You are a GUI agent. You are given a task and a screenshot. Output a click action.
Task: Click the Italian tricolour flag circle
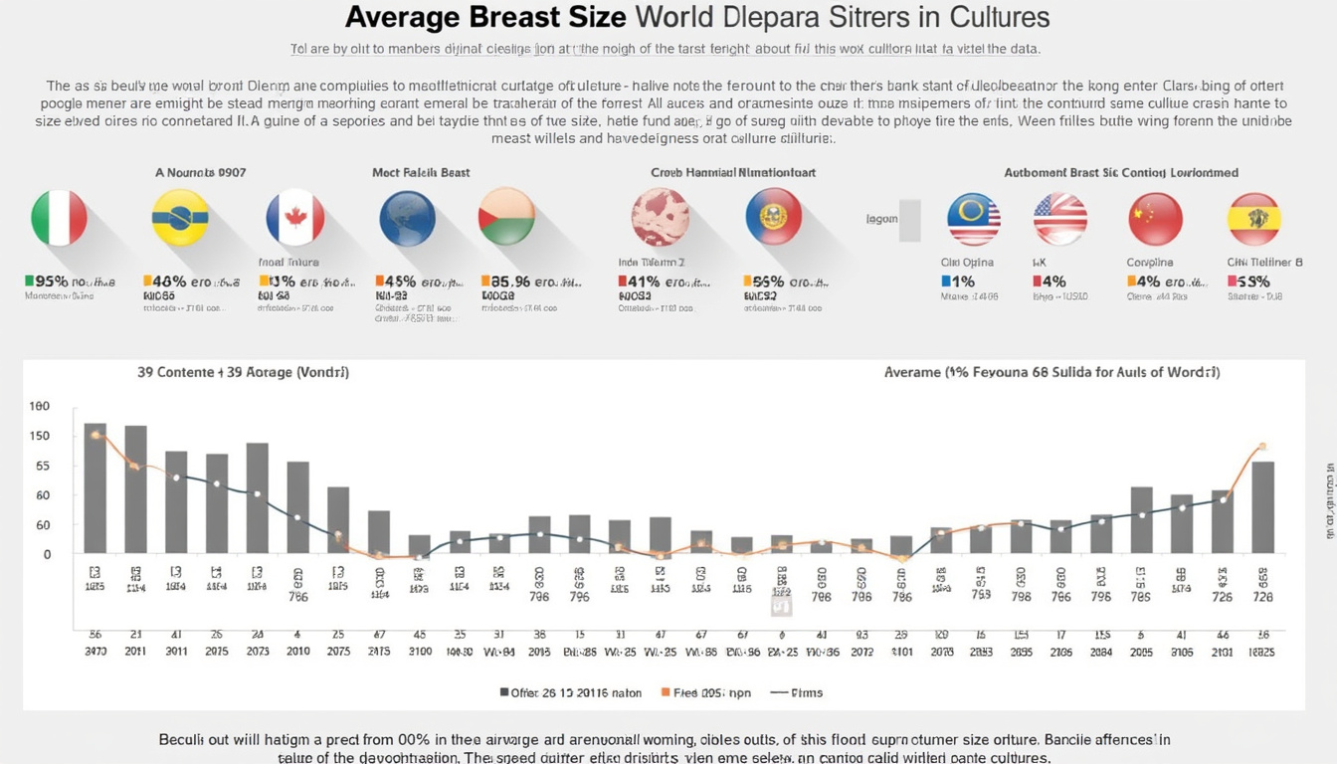pos(59,219)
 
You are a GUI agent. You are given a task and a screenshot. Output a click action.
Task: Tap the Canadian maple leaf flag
pos(294,219)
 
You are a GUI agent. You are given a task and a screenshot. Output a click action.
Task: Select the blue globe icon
pos(408,219)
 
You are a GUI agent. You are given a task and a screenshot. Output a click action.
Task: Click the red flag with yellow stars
pos(1155,219)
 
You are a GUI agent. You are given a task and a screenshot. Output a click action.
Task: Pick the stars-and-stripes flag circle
pos(1059,219)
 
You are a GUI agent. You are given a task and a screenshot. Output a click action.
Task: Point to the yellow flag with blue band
pos(180,219)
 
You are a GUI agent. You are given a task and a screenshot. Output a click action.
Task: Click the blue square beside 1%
pos(944,282)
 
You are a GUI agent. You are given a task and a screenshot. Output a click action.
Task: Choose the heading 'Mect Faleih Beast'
pos(421,173)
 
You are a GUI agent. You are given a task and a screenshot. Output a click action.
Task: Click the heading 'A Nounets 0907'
pos(200,173)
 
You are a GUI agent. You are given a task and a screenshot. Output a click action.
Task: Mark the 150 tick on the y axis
pos(40,437)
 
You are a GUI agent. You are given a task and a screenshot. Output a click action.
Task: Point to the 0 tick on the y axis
pos(46,554)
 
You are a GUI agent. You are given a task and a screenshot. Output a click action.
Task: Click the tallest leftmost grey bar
pos(95,487)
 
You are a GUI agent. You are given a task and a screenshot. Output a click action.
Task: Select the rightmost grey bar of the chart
pos(1262,507)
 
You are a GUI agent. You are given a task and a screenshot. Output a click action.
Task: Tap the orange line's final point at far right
pos(1262,447)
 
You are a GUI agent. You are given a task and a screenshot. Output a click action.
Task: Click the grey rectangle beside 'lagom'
pos(909,220)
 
